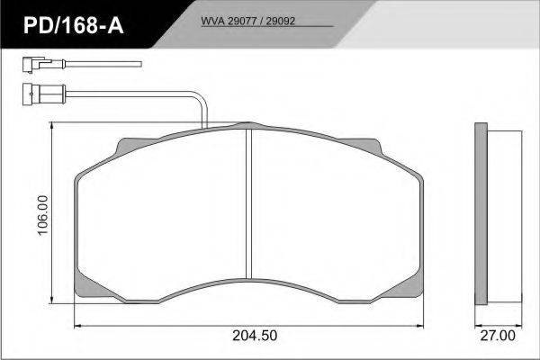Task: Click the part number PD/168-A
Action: [74, 25]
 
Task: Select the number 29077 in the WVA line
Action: [242, 21]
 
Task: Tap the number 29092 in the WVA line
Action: [281, 21]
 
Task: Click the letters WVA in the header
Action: [212, 21]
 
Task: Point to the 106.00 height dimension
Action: [43, 215]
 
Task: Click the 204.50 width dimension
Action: [255, 336]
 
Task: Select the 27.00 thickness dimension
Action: [498, 336]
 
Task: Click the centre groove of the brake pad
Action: [249, 203]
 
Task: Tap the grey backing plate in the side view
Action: [481, 213]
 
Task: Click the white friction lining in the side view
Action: [505, 216]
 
